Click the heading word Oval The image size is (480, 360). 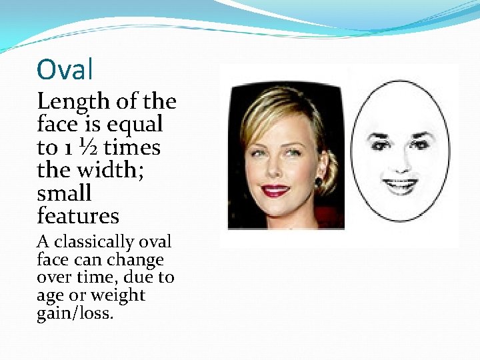pos(65,69)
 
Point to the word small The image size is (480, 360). pos(64,193)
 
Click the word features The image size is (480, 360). pos(78,216)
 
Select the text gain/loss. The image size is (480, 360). pos(75,313)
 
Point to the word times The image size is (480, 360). pos(132,147)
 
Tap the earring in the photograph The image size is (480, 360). pos(319,183)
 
